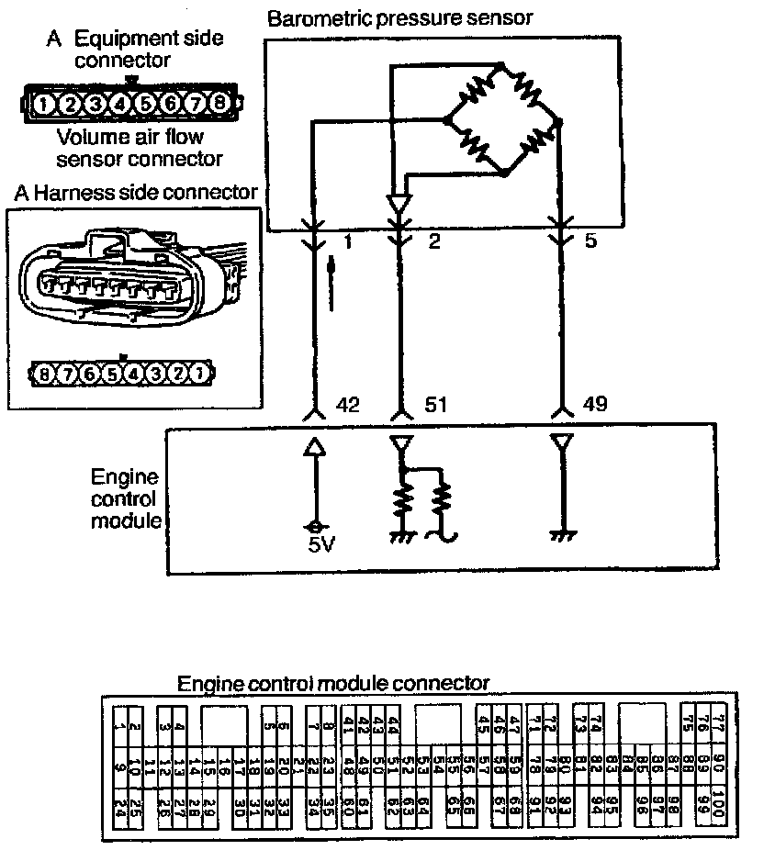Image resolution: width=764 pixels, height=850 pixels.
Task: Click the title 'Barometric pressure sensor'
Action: pos(399,17)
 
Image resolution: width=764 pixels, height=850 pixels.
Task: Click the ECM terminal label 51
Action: pos(436,404)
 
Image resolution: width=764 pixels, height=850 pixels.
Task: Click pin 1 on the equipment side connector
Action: pos(44,104)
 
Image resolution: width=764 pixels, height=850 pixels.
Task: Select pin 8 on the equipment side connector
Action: pos(218,104)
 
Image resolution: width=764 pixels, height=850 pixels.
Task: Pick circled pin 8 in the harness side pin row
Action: pos(43,374)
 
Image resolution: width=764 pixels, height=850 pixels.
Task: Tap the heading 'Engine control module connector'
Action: pos(332,684)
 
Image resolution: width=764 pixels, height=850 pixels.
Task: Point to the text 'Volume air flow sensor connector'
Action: pos(140,149)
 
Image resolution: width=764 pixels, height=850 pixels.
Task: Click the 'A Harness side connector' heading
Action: pos(135,194)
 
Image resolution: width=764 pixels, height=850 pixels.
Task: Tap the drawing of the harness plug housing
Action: pos(119,275)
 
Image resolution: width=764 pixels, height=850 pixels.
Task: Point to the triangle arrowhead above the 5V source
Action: pos(315,447)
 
